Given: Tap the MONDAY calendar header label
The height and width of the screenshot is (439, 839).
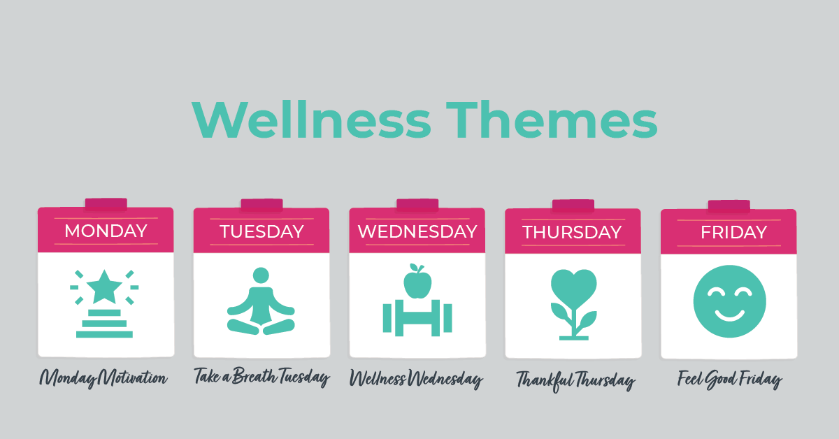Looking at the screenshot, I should click(x=106, y=231).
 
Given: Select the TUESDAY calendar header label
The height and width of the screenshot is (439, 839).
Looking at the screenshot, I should click(x=261, y=231).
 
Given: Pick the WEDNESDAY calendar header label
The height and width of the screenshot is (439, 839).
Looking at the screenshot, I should click(x=417, y=231).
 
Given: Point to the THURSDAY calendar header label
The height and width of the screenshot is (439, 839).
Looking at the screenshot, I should click(x=572, y=232).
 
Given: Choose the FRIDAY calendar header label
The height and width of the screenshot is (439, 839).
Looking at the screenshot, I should click(x=729, y=232).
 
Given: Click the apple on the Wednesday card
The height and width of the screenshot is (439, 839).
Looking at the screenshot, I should click(x=417, y=281).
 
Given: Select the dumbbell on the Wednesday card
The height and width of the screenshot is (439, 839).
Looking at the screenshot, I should click(x=417, y=318).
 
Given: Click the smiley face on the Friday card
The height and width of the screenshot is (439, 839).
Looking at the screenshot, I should click(x=729, y=301).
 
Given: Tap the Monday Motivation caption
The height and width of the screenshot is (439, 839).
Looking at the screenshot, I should click(x=103, y=379).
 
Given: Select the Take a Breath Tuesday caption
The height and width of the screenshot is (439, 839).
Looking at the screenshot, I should click(x=261, y=377).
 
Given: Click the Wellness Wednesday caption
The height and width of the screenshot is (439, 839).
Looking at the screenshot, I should click(x=416, y=380).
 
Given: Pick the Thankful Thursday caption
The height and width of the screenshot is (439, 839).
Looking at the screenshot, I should click(x=575, y=381).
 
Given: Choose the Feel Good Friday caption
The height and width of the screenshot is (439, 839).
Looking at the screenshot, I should click(x=729, y=380).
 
